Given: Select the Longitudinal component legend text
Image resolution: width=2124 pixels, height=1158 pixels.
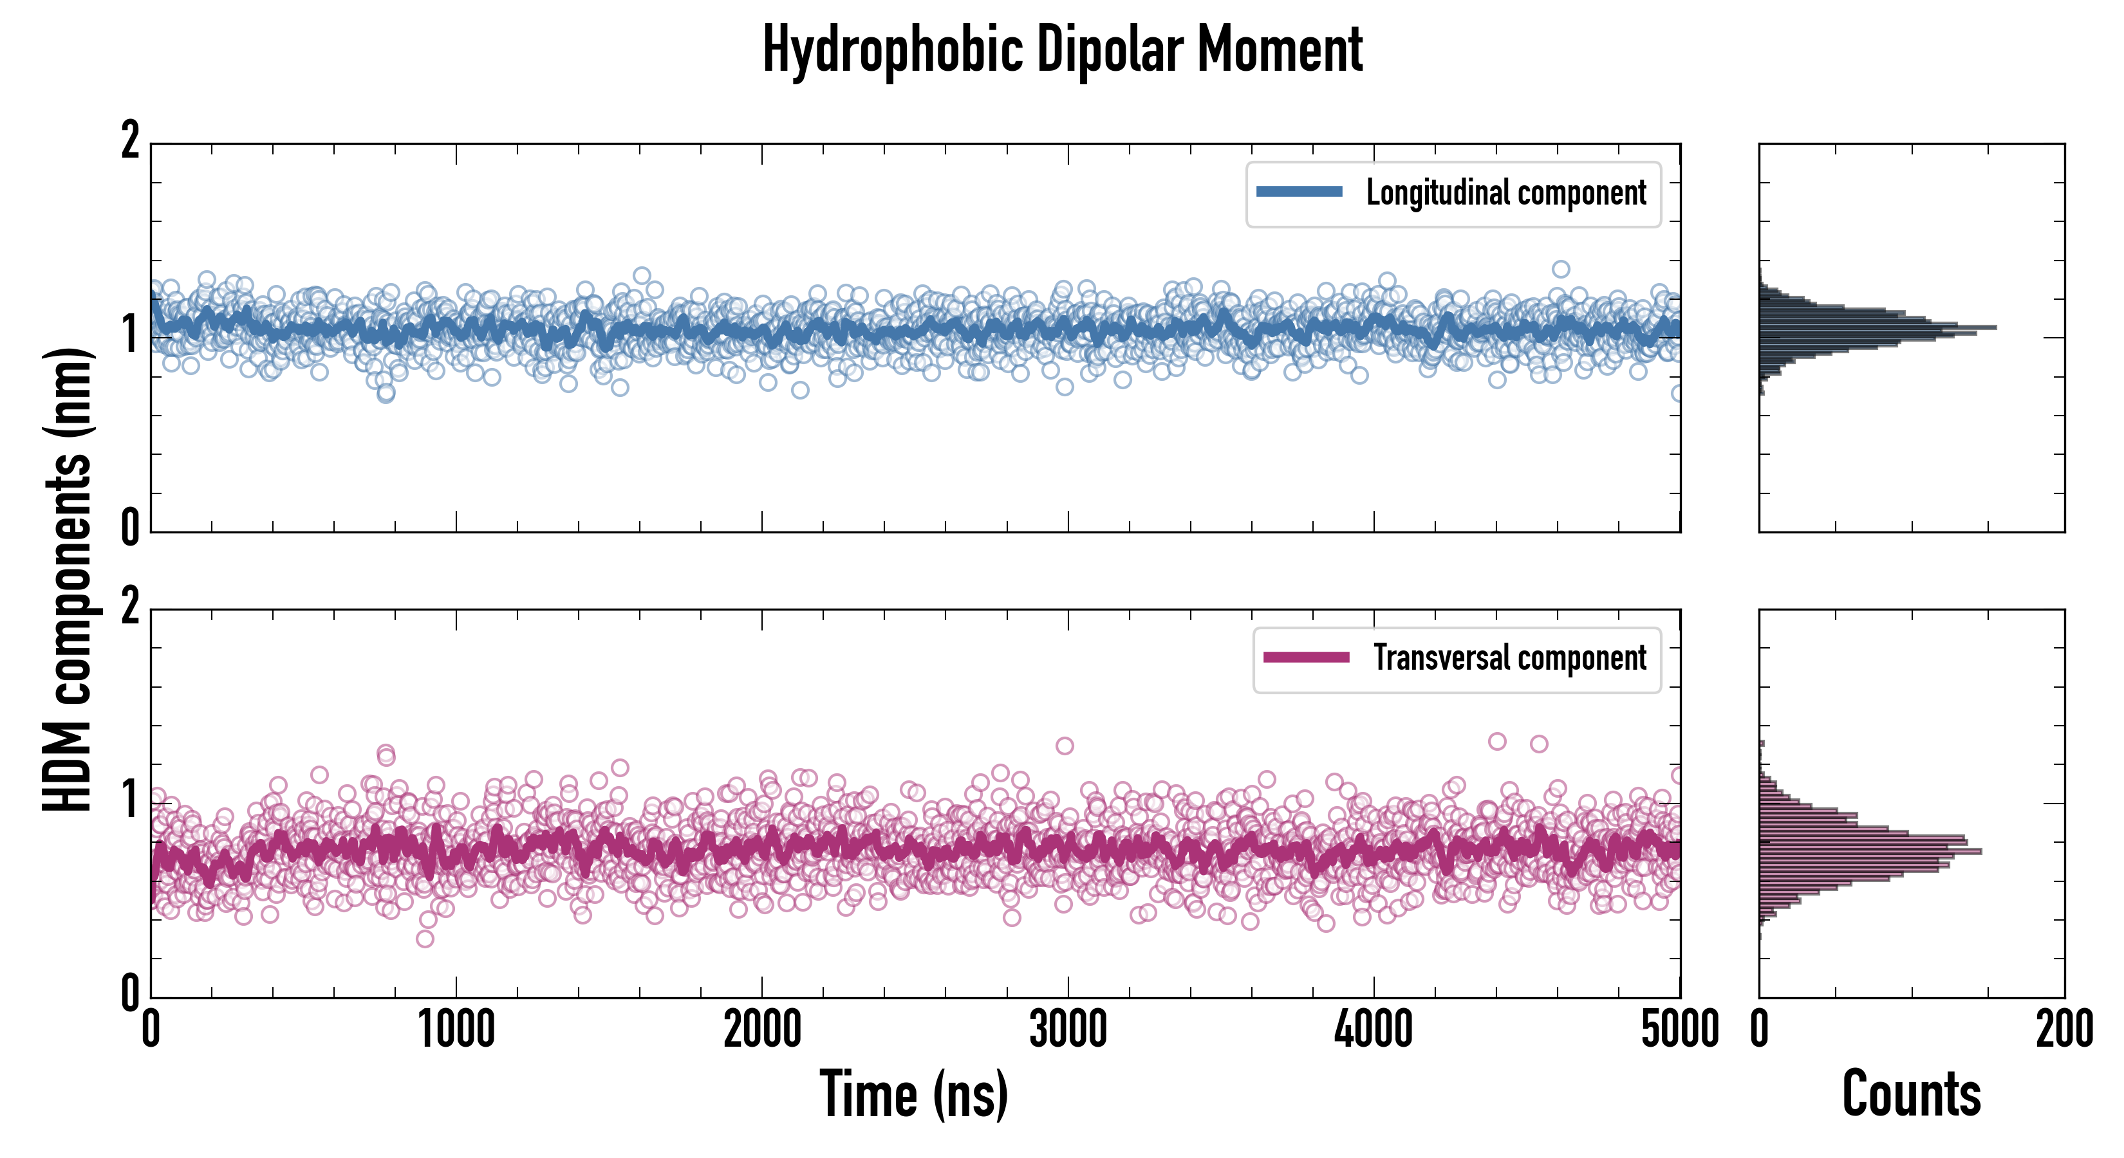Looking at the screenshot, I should click(x=1505, y=193).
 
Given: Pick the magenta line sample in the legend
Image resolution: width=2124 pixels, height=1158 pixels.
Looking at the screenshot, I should click(x=1306, y=657).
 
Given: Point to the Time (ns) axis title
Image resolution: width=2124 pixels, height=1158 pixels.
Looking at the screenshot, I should click(x=913, y=1094).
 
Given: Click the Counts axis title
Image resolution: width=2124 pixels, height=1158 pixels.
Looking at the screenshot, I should click(x=1911, y=1094).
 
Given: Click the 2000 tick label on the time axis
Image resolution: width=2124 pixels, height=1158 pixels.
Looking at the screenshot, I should click(x=763, y=1030).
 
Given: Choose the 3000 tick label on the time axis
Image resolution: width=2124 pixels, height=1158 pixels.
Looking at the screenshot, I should click(x=1068, y=1030).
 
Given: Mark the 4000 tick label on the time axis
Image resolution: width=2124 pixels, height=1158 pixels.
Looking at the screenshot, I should click(x=1374, y=1030).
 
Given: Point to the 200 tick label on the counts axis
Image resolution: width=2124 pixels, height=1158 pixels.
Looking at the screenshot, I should click(x=2063, y=1030).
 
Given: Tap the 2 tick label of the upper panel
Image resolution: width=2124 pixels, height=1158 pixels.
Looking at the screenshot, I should click(x=130, y=141).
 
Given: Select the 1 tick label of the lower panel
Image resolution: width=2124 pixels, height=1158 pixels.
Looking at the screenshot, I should click(x=130, y=800).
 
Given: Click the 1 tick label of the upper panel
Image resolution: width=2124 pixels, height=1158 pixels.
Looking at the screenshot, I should click(x=130, y=335).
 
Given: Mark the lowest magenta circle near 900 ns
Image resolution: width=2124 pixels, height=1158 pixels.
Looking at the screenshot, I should click(x=425, y=939).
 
